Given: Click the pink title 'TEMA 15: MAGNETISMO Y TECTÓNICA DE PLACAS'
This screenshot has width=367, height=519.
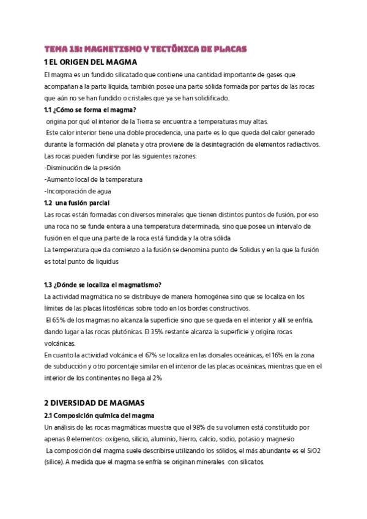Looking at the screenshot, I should click(144, 49).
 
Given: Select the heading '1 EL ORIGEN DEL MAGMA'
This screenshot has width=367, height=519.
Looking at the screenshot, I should click(91, 62).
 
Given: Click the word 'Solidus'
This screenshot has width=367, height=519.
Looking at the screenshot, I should click(234, 250).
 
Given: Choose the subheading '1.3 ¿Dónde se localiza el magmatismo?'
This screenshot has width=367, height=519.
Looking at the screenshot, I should click(102, 285).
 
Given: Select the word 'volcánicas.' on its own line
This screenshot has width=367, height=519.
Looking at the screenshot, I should click(59, 343).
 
